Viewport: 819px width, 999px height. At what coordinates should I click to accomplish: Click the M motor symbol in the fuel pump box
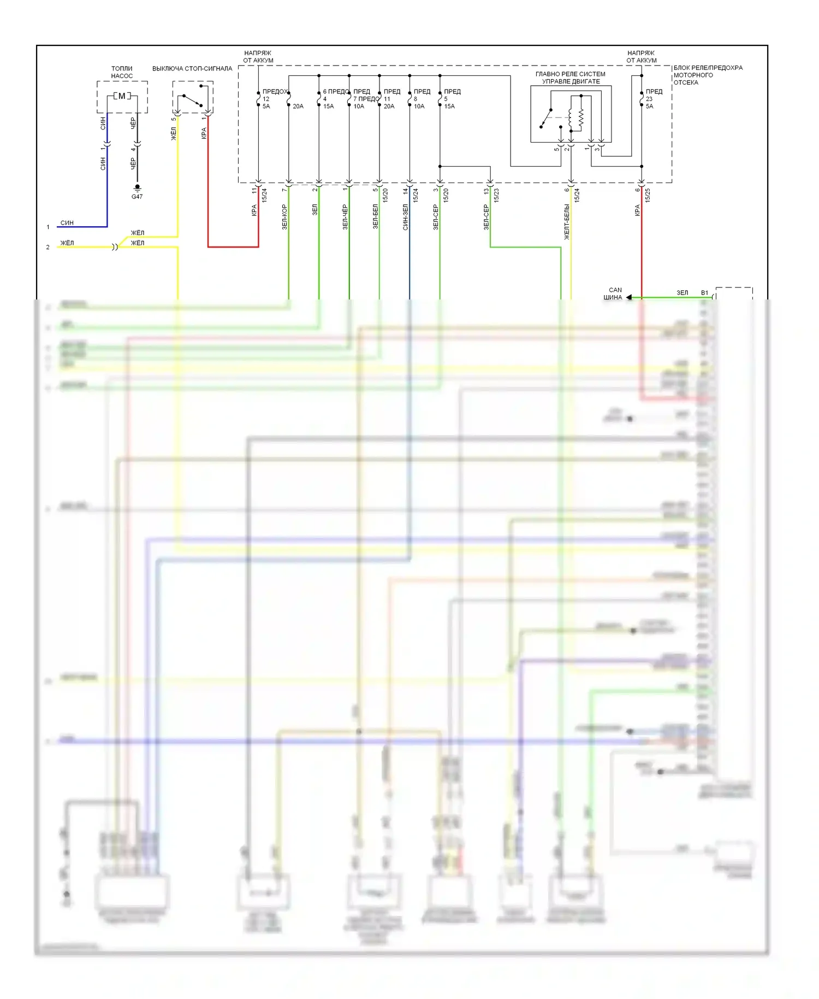point(122,96)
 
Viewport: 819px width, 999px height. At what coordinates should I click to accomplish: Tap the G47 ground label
point(137,197)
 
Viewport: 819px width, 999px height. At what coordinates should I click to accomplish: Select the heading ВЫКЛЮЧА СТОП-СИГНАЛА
point(192,69)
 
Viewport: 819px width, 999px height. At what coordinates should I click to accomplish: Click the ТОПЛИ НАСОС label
point(122,73)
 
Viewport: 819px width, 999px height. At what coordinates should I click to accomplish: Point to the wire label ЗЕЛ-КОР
point(284,217)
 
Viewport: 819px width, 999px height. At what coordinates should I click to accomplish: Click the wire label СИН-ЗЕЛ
point(405,217)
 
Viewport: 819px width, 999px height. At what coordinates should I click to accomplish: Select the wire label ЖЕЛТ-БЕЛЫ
point(567,222)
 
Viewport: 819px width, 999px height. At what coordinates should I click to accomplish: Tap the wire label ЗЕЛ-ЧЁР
point(345,217)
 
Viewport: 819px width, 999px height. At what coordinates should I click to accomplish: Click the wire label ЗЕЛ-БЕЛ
point(375,216)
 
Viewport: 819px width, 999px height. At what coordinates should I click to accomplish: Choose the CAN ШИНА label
point(614,294)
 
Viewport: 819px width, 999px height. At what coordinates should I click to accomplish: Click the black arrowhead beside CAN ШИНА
point(629,297)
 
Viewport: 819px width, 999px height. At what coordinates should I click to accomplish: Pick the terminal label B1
point(704,293)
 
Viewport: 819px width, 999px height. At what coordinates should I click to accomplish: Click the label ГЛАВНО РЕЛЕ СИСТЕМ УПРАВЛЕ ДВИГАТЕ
point(571,78)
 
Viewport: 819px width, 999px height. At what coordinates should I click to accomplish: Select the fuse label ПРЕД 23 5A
point(653,99)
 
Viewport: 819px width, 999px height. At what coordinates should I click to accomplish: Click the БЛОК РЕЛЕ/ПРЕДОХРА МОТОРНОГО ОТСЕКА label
point(708,75)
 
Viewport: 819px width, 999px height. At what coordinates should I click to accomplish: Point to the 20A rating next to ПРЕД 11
point(389,107)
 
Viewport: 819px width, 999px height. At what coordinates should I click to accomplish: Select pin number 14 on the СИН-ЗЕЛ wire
point(405,191)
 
